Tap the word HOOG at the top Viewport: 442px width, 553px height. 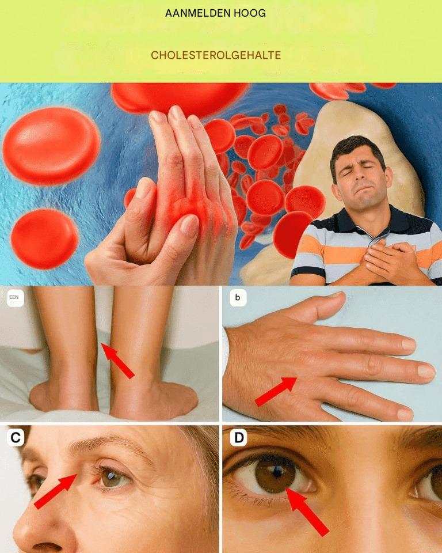point(249,13)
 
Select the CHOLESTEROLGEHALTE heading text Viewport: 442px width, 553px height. point(216,55)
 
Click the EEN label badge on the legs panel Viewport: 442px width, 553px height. point(14,298)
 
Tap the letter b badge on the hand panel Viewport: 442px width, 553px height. point(238,298)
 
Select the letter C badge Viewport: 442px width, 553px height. point(16,438)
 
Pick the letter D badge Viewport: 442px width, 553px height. point(239,438)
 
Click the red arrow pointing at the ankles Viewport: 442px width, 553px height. point(117,361)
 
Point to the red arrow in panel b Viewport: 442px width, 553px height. point(276,391)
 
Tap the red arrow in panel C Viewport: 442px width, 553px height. point(55,491)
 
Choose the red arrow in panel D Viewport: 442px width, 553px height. point(307,512)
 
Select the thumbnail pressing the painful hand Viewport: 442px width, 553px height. point(189,225)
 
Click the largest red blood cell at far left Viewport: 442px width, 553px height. point(51,146)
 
